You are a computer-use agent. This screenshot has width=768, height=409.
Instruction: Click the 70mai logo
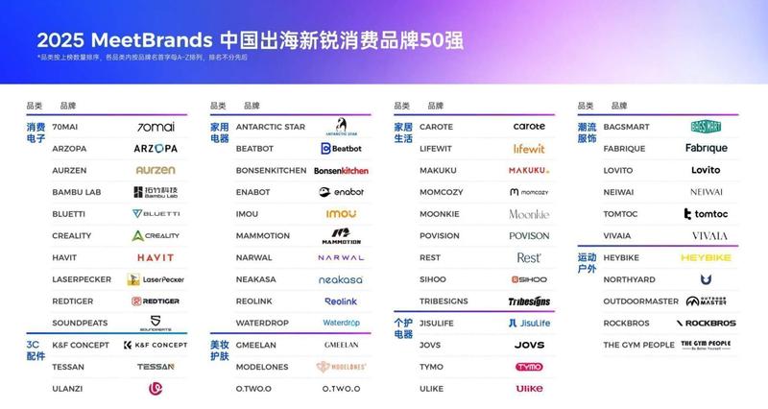[156, 127]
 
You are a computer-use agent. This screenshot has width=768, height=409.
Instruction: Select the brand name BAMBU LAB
[75, 192]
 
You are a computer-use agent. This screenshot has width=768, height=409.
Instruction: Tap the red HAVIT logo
[156, 257]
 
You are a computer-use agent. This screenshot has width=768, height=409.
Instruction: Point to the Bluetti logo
[156, 213]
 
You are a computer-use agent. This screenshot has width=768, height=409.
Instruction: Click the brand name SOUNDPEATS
[80, 323]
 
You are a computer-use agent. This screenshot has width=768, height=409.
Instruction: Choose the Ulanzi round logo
[156, 388]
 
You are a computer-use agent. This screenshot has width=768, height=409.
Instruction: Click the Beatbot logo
[341, 149]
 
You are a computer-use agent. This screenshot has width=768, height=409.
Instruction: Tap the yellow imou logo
[341, 213]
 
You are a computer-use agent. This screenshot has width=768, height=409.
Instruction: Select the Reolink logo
[341, 301]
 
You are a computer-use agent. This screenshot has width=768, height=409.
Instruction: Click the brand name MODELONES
[263, 367]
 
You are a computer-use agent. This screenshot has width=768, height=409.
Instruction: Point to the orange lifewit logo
[528, 149]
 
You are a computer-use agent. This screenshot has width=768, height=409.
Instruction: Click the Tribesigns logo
[529, 301]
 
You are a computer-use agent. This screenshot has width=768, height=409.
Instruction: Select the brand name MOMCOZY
[443, 192]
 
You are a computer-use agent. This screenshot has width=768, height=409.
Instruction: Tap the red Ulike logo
[529, 388]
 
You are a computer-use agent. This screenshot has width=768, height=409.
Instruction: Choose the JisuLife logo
[529, 323]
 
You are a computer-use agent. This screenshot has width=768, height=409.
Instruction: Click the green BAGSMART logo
[712, 127]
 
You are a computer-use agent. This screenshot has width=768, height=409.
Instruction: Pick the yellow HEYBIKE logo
[707, 257]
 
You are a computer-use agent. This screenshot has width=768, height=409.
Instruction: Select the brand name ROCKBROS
[626, 323]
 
